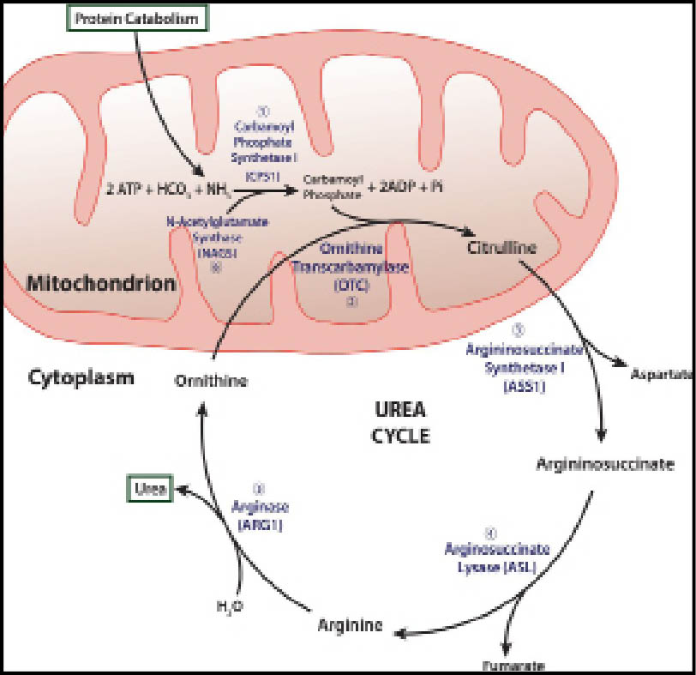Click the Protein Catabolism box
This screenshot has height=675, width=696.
135,17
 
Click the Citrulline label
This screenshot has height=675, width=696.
501,250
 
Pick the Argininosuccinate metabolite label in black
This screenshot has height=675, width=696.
604,465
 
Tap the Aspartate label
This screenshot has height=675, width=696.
661,375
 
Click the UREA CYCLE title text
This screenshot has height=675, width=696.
399,424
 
